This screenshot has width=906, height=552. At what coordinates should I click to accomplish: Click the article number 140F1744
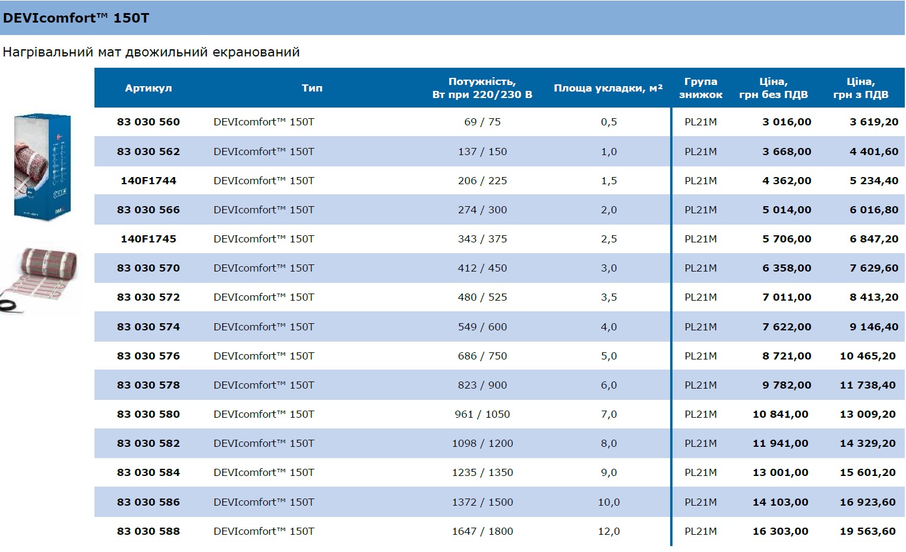pyautogui.click(x=149, y=181)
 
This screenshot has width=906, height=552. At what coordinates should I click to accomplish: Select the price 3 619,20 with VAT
pyautogui.click(x=874, y=122)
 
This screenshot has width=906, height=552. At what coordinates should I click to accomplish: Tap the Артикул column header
pyautogui.click(x=149, y=88)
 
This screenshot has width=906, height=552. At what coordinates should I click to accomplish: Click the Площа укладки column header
pyautogui.click(x=608, y=88)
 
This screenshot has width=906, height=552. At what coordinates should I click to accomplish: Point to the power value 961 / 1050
pyautogui.click(x=482, y=414)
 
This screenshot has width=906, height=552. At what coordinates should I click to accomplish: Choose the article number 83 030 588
pyautogui.click(x=149, y=531)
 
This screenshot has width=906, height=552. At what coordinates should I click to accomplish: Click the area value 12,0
pyautogui.click(x=609, y=531)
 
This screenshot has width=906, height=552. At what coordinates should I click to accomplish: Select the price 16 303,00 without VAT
pyautogui.click(x=780, y=531)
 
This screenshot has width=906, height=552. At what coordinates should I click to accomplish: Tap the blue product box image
pyautogui.click(x=42, y=166)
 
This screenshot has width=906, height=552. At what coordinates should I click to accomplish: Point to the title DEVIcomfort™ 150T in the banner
pyautogui.click(x=76, y=18)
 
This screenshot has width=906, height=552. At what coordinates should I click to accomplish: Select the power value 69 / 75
pyautogui.click(x=482, y=122)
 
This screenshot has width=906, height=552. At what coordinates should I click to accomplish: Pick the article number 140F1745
pyautogui.click(x=149, y=239)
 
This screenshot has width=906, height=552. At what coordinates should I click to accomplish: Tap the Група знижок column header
pyautogui.click(x=700, y=88)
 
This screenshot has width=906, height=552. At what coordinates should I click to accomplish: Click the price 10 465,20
pyautogui.click(x=867, y=356)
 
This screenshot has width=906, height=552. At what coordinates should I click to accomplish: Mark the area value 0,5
pyautogui.click(x=609, y=122)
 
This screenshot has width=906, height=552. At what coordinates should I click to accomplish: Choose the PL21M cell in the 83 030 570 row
pyautogui.click(x=700, y=268)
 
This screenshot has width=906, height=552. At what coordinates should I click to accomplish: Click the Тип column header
pyautogui.click(x=312, y=88)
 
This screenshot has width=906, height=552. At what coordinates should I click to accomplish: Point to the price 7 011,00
pyautogui.click(x=787, y=297)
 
